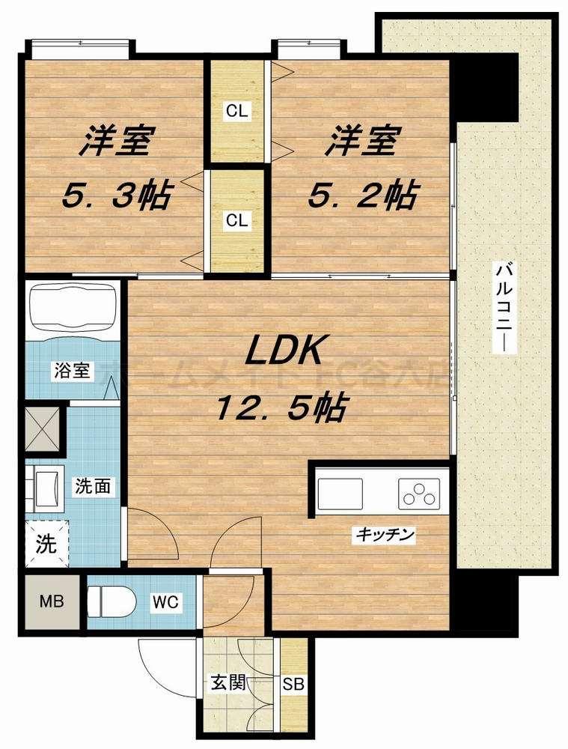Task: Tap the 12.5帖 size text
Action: pos(281,407)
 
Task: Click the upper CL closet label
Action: pos(238,112)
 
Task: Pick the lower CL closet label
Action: pos(238,220)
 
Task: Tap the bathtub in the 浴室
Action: pos(73,308)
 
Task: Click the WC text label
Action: pos(165,601)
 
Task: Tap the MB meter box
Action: pos(52,601)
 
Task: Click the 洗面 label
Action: pos(94,486)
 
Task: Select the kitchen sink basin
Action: pos(340,494)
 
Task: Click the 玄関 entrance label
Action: pos(224,683)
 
